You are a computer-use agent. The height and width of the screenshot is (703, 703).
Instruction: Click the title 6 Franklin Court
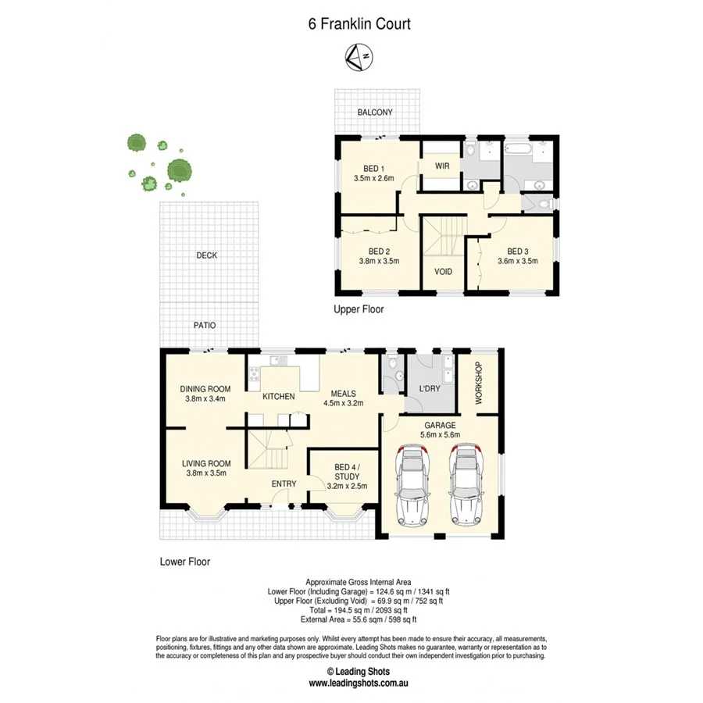click(359, 23)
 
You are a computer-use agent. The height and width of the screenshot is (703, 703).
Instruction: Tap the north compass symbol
click(359, 55)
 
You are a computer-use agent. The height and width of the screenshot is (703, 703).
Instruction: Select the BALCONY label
click(375, 112)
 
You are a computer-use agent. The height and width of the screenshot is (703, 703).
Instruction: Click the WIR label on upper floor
click(441, 166)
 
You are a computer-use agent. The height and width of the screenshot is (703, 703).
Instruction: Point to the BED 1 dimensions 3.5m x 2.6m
click(373, 179)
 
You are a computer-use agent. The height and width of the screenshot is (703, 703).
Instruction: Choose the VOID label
click(443, 273)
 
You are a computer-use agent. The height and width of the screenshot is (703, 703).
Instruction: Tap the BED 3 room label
click(518, 252)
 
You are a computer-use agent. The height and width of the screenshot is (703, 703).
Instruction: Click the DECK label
click(207, 255)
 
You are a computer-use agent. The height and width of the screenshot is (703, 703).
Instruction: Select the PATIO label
click(205, 325)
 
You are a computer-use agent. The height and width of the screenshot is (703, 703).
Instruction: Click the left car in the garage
click(414, 484)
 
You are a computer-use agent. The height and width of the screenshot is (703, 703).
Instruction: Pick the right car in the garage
click(466, 484)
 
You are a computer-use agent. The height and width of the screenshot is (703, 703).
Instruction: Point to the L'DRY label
click(430, 388)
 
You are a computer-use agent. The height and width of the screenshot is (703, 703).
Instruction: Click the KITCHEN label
click(278, 397)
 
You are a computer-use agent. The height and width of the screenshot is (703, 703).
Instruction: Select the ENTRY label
click(284, 484)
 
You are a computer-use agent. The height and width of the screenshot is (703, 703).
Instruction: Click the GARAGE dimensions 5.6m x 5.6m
click(440, 436)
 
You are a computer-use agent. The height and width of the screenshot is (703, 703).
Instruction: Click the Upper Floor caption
click(359, 309)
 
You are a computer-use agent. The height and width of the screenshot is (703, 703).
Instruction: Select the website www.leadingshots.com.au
click(359, 683)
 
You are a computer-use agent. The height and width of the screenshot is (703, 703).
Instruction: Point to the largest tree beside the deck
click(180, 170)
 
